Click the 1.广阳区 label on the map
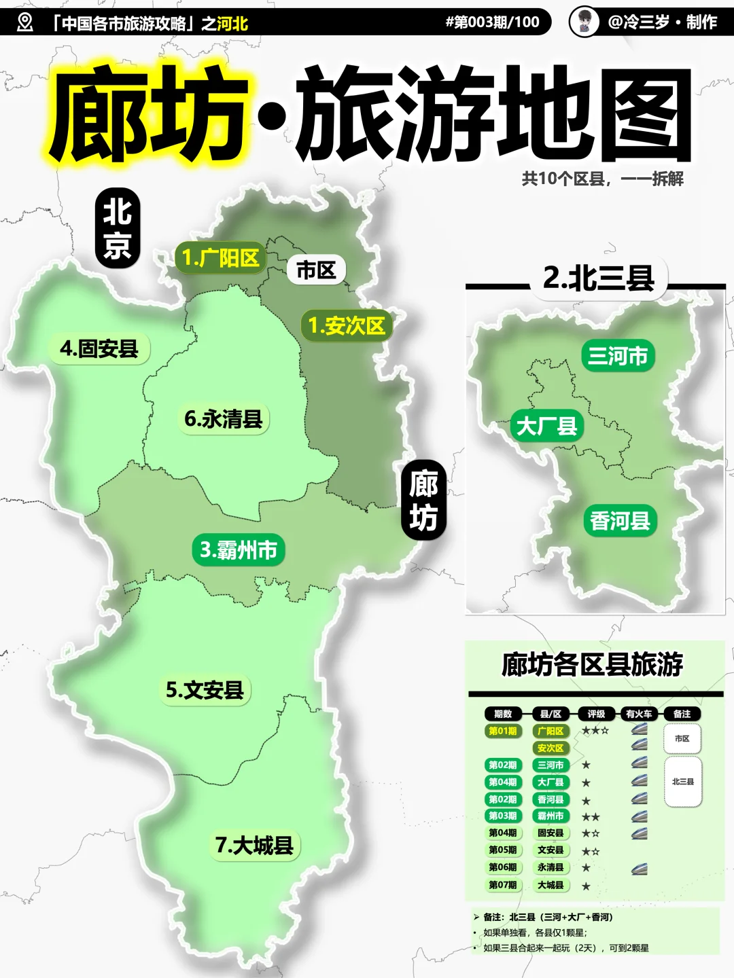[x=220, y=258]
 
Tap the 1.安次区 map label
[x=346, y=326]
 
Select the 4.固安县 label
[x=99, y=349]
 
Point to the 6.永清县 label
[x=224, y=419]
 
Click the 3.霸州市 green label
[x=239, y=549]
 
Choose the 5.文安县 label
[x=205, y=690]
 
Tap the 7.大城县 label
[x=254, y=846]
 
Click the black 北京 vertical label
[x=117, y=228]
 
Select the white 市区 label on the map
[x=316, y=270]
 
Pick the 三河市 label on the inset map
[x=618, y=356]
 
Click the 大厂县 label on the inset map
[x=546, y=427]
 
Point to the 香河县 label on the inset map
[x=620, y=521]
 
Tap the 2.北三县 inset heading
[x=598, y=278]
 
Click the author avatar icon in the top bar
[x=584, y=22]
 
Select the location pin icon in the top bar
[x=25, y=22]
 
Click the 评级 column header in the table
[x=596, y=714]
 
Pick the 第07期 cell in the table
[x=503, y=885]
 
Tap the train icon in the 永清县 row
[x=639, y=868]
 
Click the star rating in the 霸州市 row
[x=591, y=817]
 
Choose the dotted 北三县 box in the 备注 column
[x=682, y=782]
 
